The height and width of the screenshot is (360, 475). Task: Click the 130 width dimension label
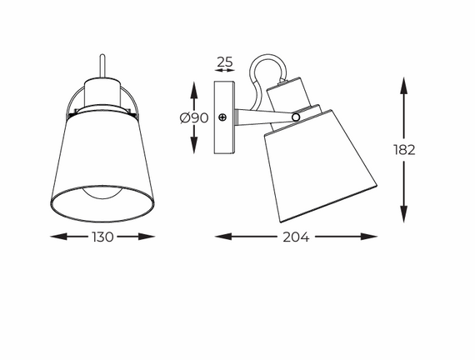[x=102, y=237]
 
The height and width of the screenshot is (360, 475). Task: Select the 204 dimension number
[x=295, y=237]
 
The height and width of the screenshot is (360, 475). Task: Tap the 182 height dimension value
[x=405, y=150]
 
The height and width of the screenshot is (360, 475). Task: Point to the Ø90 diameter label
[x=193, y=118]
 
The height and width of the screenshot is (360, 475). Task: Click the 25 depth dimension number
[x=224, y=61]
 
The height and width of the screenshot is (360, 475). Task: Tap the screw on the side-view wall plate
[x=222, y=117]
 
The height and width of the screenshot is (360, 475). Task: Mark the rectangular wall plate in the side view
[x=223, y=117]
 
